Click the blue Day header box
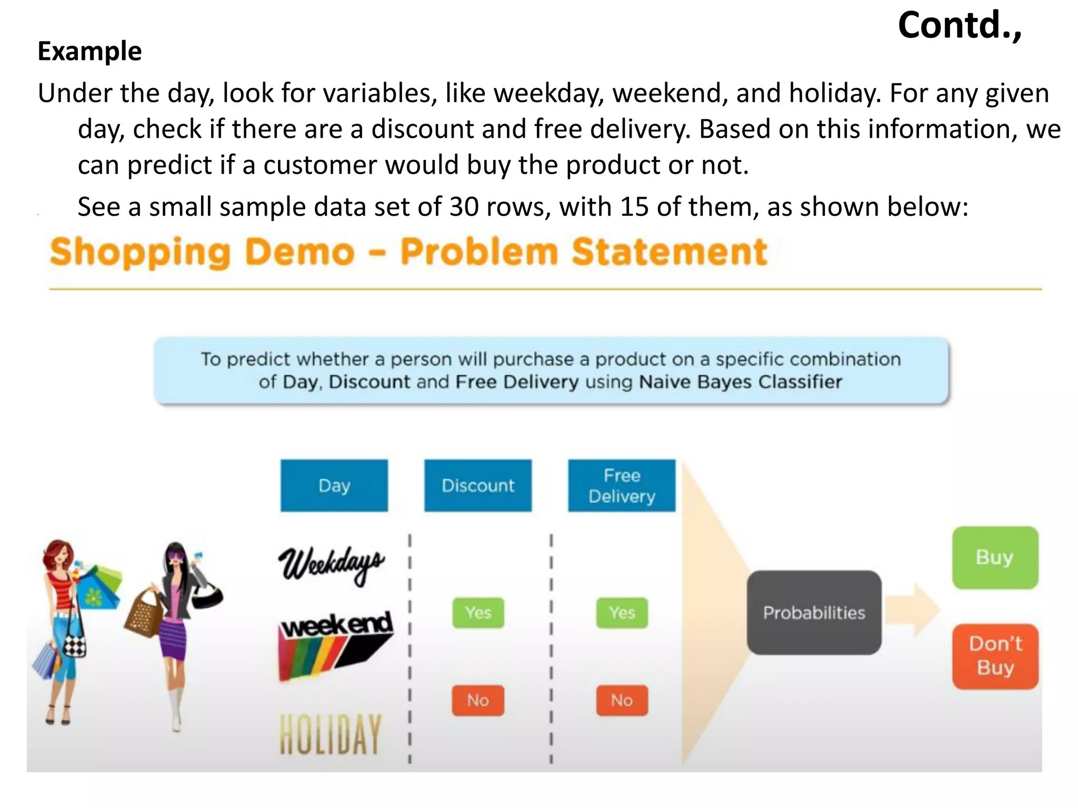click(334, 485)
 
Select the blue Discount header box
click(478, 485)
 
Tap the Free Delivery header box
click(622, 485)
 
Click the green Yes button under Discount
click(478, 612)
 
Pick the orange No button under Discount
click(478, 700)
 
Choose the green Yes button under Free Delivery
click(622, 612)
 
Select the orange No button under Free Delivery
click(622, 700)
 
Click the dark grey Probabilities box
click(814, 612)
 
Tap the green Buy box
click(995, 557)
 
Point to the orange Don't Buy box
click(995, 656)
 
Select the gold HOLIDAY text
click(331, 734)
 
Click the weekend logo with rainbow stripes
click(336, 644)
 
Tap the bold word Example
click(89, 52)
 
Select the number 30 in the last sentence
click(463, 207)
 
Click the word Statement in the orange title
click(670, 252)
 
